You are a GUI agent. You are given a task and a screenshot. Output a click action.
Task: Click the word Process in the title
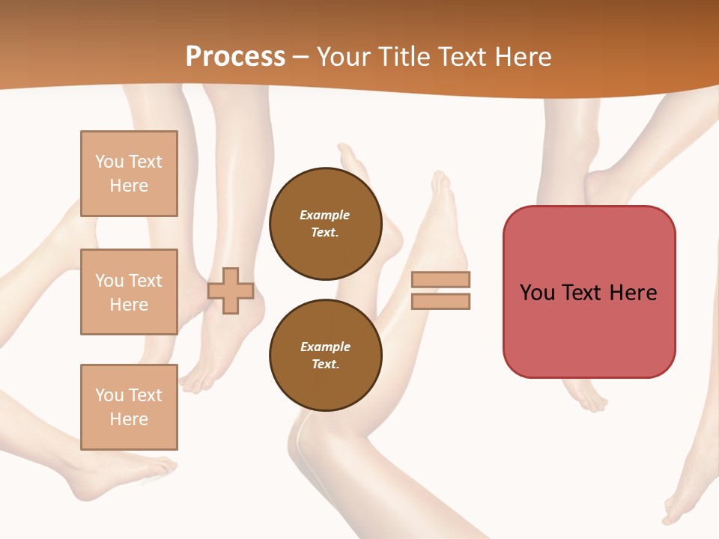(235, 57)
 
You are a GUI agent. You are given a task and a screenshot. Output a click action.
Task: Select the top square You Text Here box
(129, 174)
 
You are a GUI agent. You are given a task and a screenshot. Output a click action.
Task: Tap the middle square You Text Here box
(129, 292)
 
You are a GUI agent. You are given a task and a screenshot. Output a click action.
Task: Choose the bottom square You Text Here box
(129, 407)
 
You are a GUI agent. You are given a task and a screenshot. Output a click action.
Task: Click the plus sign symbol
(231, 291)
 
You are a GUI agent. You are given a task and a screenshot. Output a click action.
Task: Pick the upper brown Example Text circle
(325, 224)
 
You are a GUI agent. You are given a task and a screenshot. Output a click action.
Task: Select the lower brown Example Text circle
(325, 356)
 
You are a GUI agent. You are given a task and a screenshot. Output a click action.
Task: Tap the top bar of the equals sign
(440, 280)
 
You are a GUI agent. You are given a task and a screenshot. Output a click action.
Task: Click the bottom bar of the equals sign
(440, 301)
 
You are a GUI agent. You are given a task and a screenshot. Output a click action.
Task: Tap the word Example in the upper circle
(325, 216)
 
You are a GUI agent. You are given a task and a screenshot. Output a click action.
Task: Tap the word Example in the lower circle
(325, 347)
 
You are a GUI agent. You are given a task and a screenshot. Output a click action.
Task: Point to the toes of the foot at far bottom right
(671, 517)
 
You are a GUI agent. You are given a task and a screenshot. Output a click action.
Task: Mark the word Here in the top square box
(129, 186)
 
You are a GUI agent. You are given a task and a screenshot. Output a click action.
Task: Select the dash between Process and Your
(301, 58)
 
